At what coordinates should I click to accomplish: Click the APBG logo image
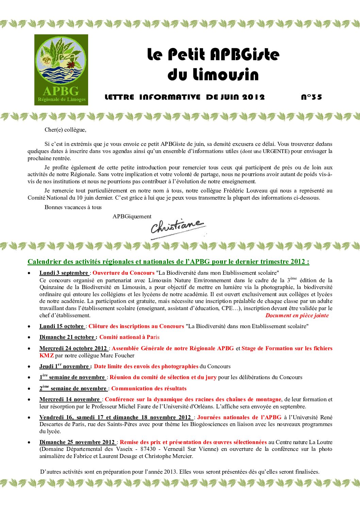(61, 70)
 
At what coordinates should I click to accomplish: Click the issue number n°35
(311, 97)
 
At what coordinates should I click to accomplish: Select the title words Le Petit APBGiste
(213, 54)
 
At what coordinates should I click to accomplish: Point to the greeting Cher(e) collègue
(65, 130)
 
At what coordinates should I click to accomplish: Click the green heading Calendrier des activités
(168, 261)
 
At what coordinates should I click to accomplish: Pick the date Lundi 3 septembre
(64, 273)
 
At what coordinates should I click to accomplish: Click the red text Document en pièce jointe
(297, 315)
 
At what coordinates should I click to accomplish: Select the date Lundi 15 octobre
(62, 326)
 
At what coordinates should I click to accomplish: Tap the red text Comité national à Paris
(129, 337)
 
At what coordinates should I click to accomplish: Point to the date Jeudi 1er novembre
(64, 366)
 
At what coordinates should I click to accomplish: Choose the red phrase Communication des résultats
(149, 388)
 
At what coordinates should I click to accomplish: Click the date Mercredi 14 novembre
(70, 399)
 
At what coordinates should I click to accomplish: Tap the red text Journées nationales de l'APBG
(239, 417)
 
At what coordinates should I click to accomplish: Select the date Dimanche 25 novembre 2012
(77, 442)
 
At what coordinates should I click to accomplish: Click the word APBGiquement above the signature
(132, 216)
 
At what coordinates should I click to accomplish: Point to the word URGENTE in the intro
(275, 151)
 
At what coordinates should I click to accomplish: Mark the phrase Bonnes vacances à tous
(73, 207)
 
